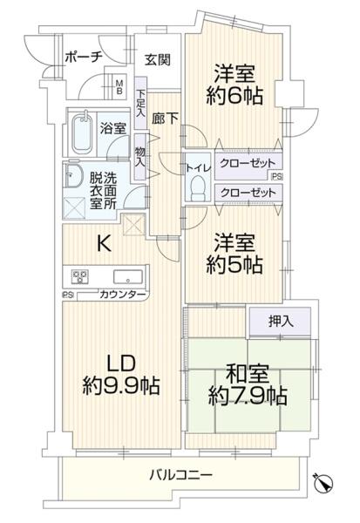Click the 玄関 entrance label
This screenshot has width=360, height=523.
click(158, 60)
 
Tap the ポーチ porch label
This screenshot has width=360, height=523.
click(83, 58)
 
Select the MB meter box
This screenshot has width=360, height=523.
click(119, 87)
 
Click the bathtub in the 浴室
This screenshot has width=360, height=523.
click(83, 133)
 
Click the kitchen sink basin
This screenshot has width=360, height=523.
click(128, 276)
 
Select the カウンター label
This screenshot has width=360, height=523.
click(122, 295)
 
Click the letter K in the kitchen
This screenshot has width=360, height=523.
click(104, 243)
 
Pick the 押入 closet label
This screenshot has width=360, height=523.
click(281, 321)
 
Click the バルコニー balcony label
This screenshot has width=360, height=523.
click(180, 474)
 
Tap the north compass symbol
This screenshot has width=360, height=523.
click(323, 482)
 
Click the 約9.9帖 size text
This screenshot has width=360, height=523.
click(121, 385)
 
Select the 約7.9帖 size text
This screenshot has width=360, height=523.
click(248, 396)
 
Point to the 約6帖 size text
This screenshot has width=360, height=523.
click(234, 96)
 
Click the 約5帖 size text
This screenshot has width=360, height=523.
click(234, 265)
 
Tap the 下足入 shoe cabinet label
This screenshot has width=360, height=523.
click(140, 104)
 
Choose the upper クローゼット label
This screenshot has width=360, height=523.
click(248, 164)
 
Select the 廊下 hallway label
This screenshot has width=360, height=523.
click(165, 119)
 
